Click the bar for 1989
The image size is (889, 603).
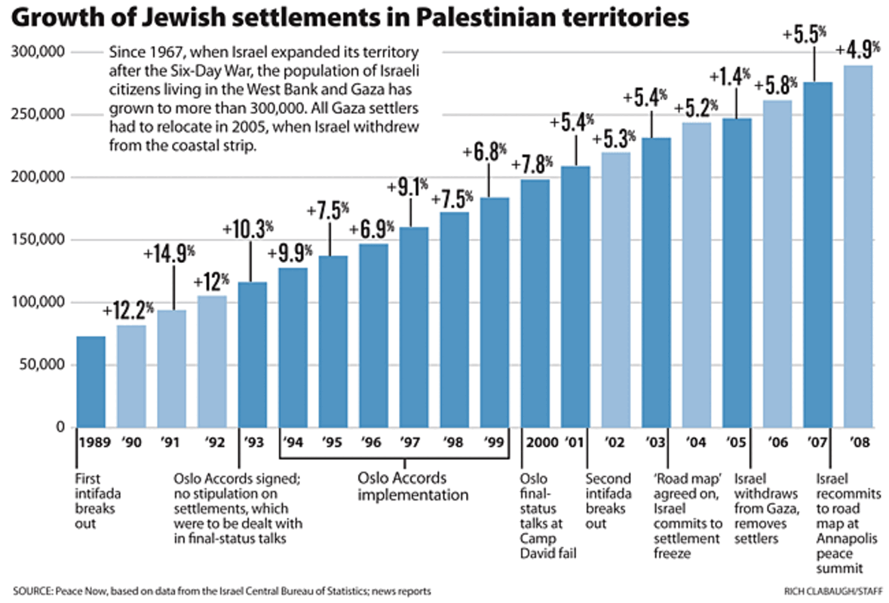coord(90,381)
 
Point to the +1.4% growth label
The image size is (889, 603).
coord(731,76)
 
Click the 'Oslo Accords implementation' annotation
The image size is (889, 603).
coord(412,487)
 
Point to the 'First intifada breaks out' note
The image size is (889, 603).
coord(92,501)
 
